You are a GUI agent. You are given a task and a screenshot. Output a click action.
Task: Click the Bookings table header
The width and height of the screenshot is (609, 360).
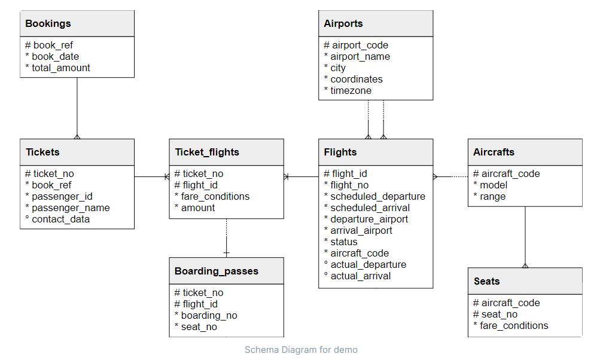point(48,24)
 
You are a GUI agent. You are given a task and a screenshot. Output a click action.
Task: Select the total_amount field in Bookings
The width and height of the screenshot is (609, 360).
point(61,68)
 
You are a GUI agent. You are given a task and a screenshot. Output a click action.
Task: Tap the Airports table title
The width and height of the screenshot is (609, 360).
point(343,24)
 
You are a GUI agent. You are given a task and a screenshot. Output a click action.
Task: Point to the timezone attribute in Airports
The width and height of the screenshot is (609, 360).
point(351,90)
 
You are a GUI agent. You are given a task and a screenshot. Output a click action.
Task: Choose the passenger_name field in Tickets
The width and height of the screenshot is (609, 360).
point(71,208)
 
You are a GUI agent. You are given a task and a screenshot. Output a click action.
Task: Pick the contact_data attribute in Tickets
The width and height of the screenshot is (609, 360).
point(60,219)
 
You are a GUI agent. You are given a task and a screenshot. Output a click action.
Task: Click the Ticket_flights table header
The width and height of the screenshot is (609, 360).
point(207,152)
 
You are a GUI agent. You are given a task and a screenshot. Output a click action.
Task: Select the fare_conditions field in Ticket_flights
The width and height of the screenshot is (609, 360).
point(215,196)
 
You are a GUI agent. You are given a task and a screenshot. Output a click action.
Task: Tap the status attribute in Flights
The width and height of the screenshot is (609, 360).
point(343,242)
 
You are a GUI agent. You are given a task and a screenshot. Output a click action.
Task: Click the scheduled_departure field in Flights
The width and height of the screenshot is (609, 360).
point(377,196)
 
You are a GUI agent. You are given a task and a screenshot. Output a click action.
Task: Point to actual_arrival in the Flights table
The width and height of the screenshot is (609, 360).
point(360,276)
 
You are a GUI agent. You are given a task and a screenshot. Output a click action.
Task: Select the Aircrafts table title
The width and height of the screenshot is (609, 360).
point(494,152)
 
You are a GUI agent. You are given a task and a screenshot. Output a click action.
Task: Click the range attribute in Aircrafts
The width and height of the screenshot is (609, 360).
point(492,196)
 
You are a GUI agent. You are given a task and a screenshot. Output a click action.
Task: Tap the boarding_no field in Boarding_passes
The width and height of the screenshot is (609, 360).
point(209,315)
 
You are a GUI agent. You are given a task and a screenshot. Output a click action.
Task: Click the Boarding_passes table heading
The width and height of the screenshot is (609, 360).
point(217,271)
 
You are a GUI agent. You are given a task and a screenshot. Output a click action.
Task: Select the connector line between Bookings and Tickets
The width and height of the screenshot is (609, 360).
point(77,108)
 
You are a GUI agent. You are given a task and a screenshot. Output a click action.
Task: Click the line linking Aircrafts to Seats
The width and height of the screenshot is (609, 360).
point(525,236)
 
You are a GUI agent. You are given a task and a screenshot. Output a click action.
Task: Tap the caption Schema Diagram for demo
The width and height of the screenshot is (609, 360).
point(301,350)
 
